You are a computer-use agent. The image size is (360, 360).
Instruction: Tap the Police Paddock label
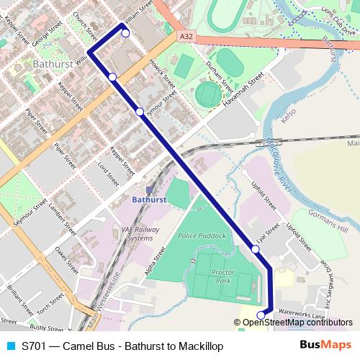click(x=202, y=235)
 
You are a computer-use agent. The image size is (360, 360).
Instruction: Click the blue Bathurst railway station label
click(x=150, y=199)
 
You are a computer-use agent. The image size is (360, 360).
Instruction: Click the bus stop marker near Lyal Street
click(x=256, y=249)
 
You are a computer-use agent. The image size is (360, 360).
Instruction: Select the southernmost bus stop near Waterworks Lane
click(x=261, y=315)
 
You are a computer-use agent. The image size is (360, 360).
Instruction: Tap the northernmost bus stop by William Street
click(x=125, y=33)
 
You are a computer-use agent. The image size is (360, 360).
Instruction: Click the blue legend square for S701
click(x=11, y=346)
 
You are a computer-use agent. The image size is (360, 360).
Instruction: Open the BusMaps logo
click(x=326, y=346)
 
